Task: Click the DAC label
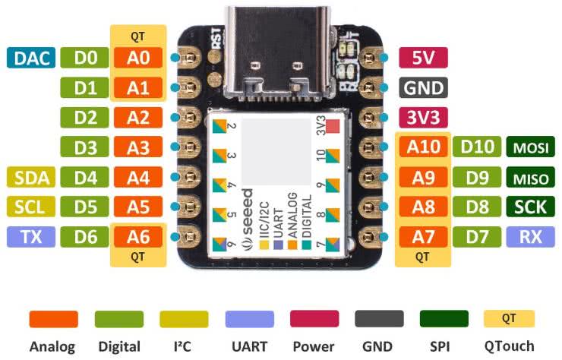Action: [30, 58]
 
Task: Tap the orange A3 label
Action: [138, 147]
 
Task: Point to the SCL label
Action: [30, 207]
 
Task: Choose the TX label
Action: [30, 238]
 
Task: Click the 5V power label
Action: [423, 58]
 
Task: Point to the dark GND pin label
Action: [423, 87]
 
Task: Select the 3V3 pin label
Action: [423, 118]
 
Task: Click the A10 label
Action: [423, 147]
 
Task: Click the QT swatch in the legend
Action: [510, 319]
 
